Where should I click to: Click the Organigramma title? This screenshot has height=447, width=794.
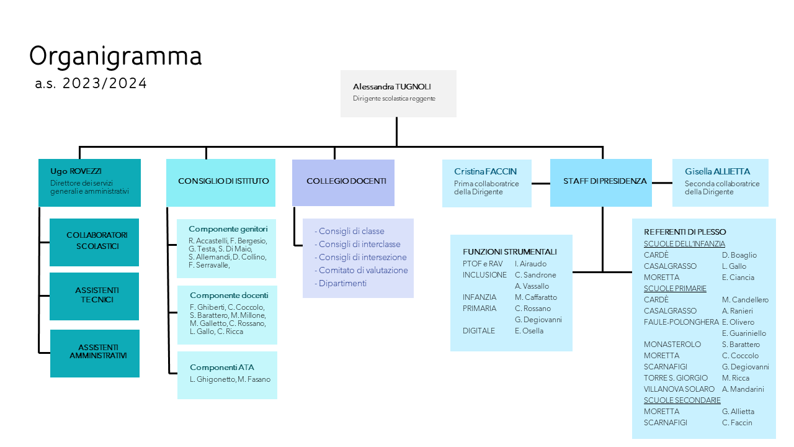tap(115, 56)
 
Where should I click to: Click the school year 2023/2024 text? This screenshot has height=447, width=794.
tap(91, 84)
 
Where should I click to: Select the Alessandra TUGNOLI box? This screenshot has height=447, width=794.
tap(398, 93)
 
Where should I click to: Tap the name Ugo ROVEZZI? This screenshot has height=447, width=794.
tap(76, 171)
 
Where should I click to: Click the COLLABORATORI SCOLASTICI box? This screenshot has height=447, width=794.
tap(94, 242)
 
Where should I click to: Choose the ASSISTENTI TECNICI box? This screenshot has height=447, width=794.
tap(94, 296)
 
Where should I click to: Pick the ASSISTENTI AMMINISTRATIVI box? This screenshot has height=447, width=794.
tap(95, 353)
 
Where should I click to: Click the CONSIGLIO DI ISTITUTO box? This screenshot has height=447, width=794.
tap(221, 182)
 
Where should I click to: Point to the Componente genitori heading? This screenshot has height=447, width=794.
tap(228, 229)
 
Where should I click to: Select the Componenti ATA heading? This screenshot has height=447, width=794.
tap(221, 368)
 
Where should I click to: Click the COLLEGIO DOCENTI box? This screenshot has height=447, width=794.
tap(343, 182)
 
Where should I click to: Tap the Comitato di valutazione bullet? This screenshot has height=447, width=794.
tap(363, 271)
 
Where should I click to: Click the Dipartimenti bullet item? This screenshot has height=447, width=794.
tap(342, 284)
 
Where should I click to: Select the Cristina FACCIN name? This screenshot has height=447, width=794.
tap(485, 172)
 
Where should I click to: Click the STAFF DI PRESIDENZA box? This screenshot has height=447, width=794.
tap(600, 182)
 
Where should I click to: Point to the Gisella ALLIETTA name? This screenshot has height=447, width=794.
tap(717, 172)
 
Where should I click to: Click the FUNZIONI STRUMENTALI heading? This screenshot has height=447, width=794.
tap(509, 252)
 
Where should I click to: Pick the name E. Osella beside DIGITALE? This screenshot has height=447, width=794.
tap(529, 331)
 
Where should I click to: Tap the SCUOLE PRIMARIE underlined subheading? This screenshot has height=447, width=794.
tap(675, 289)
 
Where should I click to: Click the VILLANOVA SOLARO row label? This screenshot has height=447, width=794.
tap(679, 389)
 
